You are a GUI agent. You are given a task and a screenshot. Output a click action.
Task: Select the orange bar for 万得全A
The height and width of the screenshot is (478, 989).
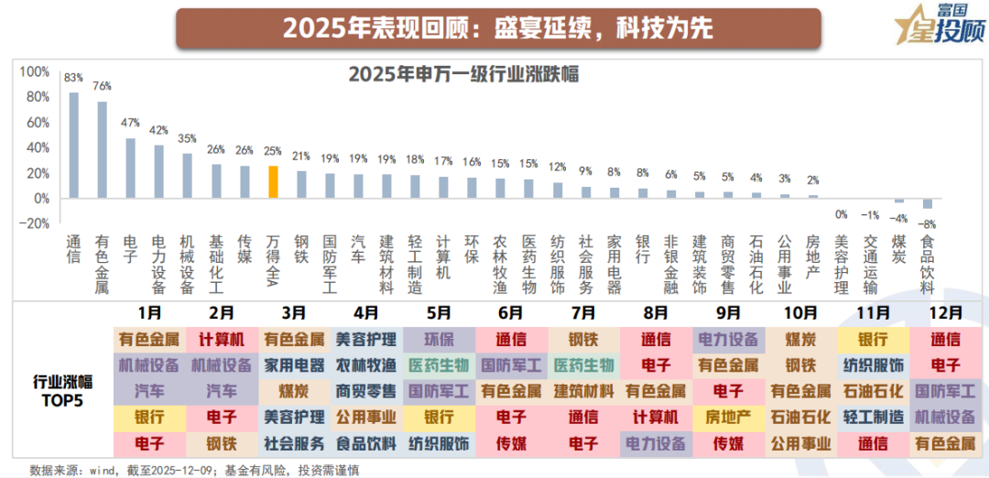pyautogui.click(x=273, y=181)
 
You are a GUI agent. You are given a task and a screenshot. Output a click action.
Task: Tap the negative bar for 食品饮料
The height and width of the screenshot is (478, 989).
pyautogui.click(x=928, y=202)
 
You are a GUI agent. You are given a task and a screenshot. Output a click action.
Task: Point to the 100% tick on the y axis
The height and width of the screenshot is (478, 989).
pyautogui.click(x=35, y=71)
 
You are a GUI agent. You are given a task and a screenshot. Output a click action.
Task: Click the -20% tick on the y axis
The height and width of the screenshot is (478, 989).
pyautogui.click(x=35, y=223)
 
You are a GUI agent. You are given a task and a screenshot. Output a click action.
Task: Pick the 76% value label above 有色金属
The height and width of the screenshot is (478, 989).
pyautogui.click(x=103, y=86)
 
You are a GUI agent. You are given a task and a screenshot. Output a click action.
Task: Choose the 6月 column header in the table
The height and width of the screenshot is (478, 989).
pyautogui.click(x=510, y=313)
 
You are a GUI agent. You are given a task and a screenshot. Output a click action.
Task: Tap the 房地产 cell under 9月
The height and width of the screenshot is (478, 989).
pyautogui.click(x=727, y=418)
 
